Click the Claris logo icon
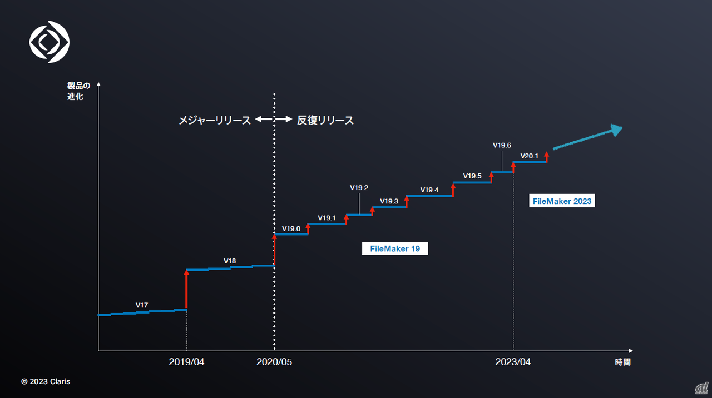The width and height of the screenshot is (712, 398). point(49,41)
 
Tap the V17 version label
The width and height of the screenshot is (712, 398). point(142,305)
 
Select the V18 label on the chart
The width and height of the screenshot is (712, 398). point(230,261)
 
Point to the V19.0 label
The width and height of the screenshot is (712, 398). point(291,228)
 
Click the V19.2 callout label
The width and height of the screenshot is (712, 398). point(359,188)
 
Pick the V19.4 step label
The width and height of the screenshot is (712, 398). point(429,190)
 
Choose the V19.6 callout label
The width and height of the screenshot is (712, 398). point(502,146)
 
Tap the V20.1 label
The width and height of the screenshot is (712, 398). point(529,156)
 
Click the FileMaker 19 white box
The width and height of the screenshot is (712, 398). point(395,248)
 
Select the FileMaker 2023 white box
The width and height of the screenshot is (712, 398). point(562,201)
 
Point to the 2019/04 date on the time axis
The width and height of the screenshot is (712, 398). point(186,362)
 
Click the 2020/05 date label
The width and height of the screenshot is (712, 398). point(274,362)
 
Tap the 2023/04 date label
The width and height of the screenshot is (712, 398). point(513,362)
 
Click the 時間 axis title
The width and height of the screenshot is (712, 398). point(623,362)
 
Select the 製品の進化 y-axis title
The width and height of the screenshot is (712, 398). point(75,91)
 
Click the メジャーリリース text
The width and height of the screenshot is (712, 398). point(215,120)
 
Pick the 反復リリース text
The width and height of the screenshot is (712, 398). point(325,120)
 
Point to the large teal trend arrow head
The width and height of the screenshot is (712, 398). point(615,130)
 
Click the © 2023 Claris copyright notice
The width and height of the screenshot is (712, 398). point(46,381)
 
